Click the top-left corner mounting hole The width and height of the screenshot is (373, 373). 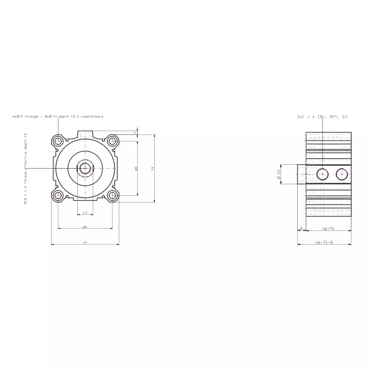(58, 141)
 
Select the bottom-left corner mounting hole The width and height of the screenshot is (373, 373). (58, 195)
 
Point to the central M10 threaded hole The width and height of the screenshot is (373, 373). (85, 168)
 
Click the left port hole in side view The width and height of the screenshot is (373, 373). (322, 174)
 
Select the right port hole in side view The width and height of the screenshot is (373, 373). (342, 174)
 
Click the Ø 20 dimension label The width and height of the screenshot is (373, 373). (279, 174)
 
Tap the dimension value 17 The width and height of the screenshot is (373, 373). (85, 213)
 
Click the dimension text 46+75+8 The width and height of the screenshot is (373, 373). (324, 242)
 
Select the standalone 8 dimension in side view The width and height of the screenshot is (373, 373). (301, 228)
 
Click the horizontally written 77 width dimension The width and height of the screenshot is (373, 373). (85, 242)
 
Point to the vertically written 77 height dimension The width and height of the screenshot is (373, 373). (153, 169)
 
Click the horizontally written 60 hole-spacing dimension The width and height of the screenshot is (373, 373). (85, 226)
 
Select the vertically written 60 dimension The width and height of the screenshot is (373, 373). (137, 169)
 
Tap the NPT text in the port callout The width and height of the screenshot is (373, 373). (334, 117)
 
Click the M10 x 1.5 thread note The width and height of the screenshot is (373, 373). (26, 168)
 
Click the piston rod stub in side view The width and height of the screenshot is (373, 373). (301, 174)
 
